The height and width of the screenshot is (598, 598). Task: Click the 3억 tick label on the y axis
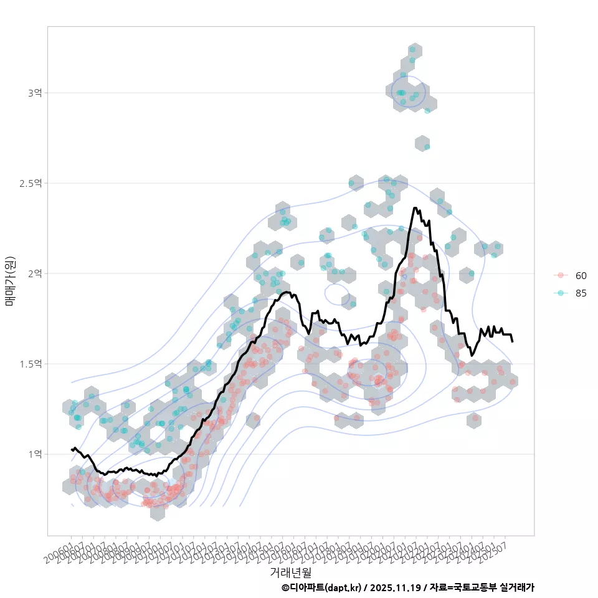[x=35, y=93]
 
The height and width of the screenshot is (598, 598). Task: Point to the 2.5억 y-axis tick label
[x=31, y=183]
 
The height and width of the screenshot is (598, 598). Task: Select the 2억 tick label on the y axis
[x=35, y=273]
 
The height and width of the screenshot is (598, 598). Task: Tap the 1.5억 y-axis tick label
[x=31, y=364]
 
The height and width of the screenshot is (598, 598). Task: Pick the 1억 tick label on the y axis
[x=35, y=454]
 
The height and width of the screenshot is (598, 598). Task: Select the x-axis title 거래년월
[x=290, y=572]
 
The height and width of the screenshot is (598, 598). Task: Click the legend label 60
[x=581, y=275]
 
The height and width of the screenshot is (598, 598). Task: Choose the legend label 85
[x=581, y=293]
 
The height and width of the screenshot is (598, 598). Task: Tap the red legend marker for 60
[x=561, y=275]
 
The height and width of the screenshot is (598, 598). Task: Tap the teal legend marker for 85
[x=561, y=293]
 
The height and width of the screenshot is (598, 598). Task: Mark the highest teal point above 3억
[x=412, y=49]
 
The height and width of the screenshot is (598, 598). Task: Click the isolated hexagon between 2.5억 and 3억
[x=422, y=143]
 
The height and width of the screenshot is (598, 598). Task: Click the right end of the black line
[x=512, y=341]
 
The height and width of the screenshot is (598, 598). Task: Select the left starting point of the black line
[x=72, y=449]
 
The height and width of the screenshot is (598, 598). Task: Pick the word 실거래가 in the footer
[x=518, y=587]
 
